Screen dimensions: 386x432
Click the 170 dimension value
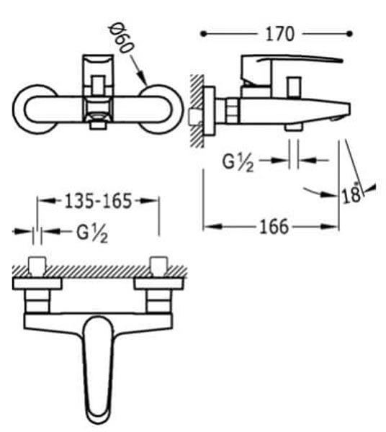(x=280, y=34)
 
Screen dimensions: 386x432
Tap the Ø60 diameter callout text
(x=121, y=37)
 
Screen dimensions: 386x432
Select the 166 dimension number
(x=274, y=227)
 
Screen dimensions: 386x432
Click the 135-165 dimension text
(x=98, y=201)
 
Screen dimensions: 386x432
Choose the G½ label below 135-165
(x=92, y=233)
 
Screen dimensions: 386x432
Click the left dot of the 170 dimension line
(x=203, y=34)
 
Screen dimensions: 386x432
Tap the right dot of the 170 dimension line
(x=349, y=34)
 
